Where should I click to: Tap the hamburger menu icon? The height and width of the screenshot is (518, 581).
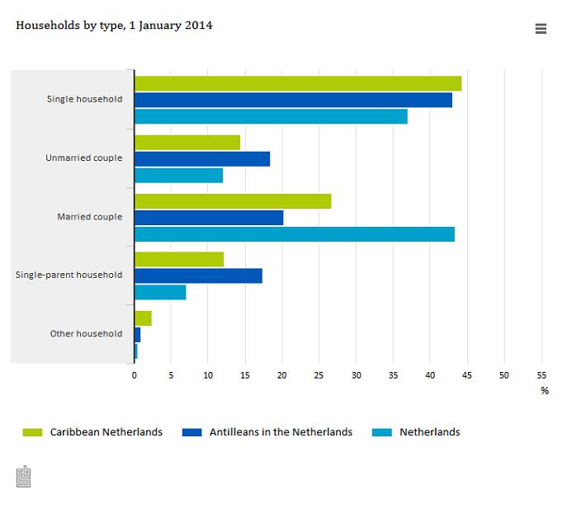541,29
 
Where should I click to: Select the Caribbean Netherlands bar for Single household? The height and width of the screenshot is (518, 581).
297,83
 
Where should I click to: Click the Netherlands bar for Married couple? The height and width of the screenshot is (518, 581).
294,234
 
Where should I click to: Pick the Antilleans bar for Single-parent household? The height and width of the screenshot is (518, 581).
198,275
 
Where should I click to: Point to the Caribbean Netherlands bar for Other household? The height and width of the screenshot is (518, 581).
143,318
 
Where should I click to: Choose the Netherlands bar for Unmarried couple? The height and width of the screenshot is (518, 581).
178,176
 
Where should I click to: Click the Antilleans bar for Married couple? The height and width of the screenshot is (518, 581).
209,218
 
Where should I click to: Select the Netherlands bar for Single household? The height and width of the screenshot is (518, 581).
271,117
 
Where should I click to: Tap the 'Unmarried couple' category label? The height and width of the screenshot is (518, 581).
83,158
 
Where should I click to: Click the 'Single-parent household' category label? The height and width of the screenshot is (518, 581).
68,275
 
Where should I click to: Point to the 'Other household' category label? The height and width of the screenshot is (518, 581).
86,334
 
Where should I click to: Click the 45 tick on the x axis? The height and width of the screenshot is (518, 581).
467,375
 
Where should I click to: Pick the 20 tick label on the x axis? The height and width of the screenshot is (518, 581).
282,375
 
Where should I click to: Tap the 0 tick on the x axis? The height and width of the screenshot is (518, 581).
135,375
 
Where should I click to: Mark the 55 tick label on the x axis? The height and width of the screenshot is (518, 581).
541,375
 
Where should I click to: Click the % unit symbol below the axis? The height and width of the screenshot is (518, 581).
545,391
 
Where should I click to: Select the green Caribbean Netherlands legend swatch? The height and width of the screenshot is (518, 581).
32,432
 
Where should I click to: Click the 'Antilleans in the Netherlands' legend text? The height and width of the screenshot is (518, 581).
281,432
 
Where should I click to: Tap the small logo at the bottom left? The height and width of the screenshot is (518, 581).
23,477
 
